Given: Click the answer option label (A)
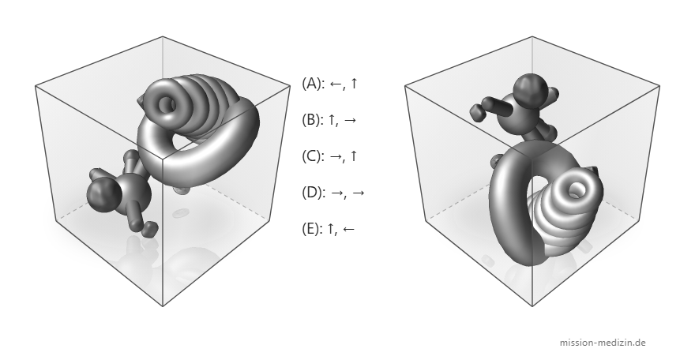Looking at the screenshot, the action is (311, 83).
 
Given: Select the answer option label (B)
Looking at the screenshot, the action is (311, 119).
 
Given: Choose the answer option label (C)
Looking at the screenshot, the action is (311, 156).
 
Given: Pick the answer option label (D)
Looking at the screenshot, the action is (312, 192).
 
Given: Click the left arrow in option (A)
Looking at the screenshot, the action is (336, 84).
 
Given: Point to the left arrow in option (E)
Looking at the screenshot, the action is (348, 229).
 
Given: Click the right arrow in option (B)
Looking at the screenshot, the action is (350, 120).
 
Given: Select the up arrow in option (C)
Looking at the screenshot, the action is (353, 156).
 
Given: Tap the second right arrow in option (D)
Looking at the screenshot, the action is (358, 193).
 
